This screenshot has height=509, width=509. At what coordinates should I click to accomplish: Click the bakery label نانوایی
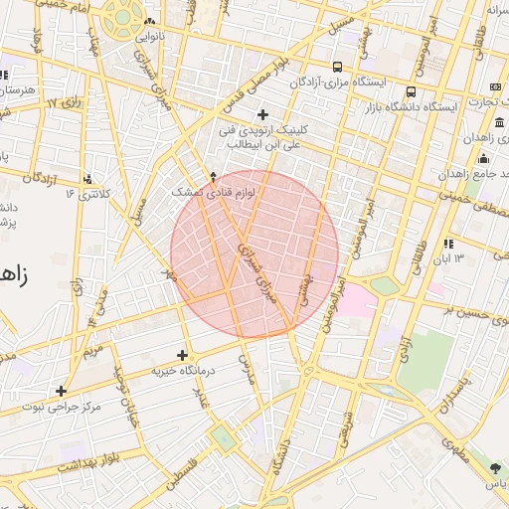[149, 37]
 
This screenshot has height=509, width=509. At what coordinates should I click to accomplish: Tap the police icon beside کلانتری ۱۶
[88, 179]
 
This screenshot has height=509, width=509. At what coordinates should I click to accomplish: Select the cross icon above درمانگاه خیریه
[182, 355]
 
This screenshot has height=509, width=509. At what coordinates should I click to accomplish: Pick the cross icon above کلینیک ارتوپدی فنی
[262, 114]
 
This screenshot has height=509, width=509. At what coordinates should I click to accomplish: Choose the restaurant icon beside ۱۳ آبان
[448, 244]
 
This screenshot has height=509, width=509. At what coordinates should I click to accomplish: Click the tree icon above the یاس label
[495, 467]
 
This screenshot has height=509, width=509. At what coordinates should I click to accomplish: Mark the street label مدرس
[249, 375]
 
